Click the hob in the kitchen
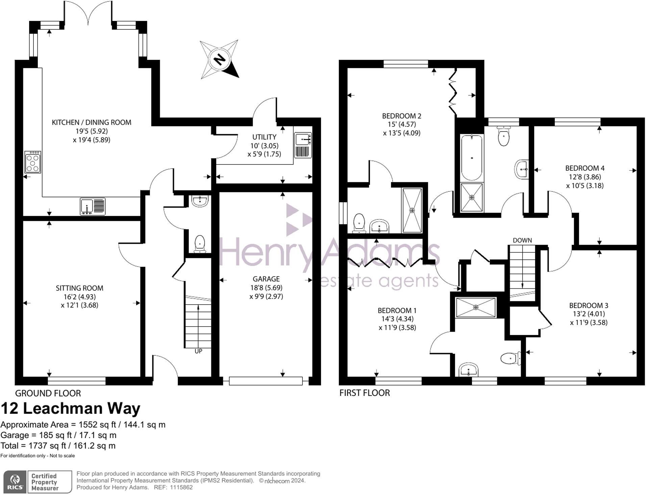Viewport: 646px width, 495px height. (x=33, y=162)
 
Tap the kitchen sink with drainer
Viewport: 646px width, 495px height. (x=93, y=206)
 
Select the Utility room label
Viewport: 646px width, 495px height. (x=264, y=137)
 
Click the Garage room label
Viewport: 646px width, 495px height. (x=266, y=279)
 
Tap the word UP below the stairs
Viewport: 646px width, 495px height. (x=198, y=351)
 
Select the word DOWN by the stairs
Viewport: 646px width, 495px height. (x=522, y=240)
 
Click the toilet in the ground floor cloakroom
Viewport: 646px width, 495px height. (x=200, y=244)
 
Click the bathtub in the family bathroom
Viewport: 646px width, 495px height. (x=472, y=158)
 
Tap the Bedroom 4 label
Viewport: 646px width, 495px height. (x=585, y=168)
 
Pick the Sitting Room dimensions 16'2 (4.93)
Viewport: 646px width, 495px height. (x=79, y=297)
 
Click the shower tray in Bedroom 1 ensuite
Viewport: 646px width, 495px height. (x=476, y=307)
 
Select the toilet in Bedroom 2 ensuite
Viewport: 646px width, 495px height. (x=359, y=223)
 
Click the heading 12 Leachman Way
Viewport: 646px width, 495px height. (x=70, y=408)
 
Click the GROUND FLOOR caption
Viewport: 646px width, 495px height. (x=48, y=393)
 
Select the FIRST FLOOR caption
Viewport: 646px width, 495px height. (x=365, y=393)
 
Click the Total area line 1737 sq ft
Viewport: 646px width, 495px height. (x=58, y=446)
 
